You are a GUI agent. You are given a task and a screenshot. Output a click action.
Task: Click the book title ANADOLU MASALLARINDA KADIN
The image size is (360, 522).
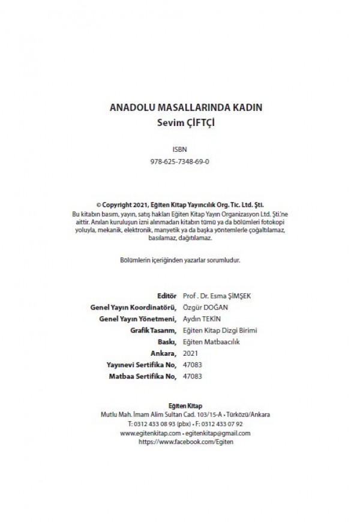pos(186,109)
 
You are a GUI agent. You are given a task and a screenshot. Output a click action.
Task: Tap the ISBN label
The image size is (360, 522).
pos(179,150)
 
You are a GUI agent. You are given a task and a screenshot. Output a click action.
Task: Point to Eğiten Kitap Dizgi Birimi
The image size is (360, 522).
pos(220,330)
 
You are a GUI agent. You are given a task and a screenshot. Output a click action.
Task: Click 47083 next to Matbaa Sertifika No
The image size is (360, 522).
pos(192,376)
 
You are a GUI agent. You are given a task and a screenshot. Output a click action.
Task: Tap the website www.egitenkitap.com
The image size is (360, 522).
pos(150,433)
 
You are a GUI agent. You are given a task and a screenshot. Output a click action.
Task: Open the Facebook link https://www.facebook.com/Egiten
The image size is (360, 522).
pos(185,441)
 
